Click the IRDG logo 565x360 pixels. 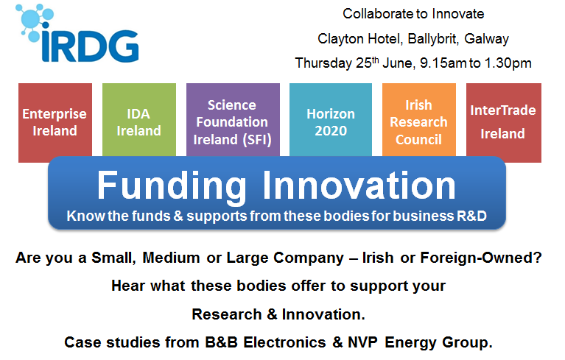(x=77, y=35)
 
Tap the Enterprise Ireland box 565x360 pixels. (x=55, y=123)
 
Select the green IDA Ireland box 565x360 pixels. (x=139, y=123)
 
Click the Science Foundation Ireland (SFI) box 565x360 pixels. (x=232, y=123)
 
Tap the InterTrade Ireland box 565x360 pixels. (x=503, y=122)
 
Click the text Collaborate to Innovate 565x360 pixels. (x=413, y=14)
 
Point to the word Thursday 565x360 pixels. (x=323, y=63)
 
